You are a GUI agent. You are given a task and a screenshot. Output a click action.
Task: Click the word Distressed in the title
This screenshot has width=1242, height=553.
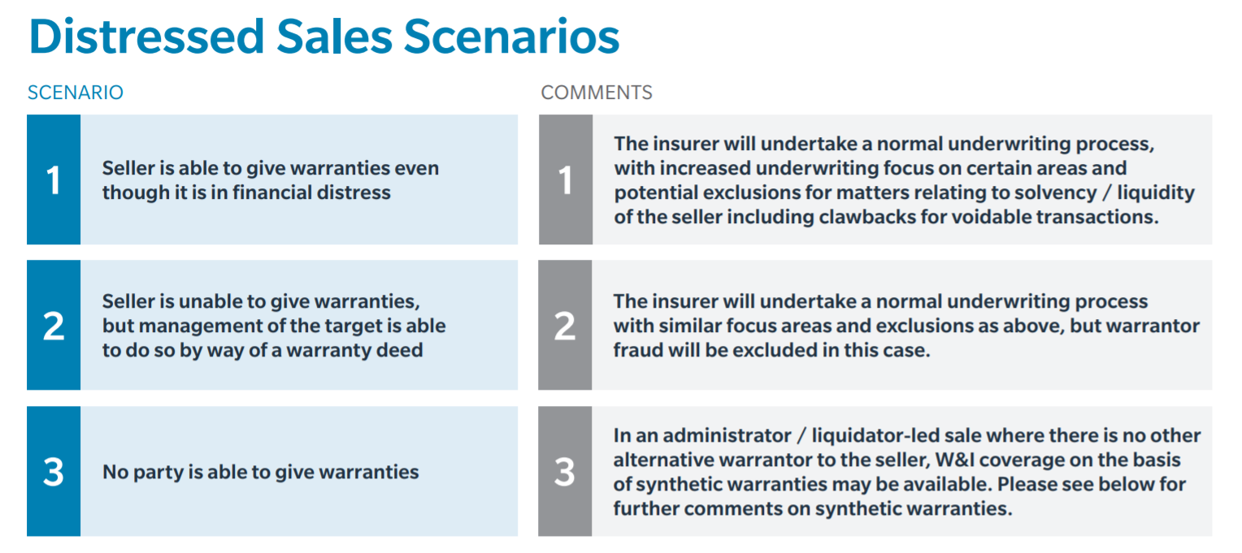[146, 37]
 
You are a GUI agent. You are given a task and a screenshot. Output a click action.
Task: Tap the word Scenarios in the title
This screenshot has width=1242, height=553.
[511, 37]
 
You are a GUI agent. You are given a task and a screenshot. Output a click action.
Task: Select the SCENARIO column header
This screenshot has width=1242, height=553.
[76, 93]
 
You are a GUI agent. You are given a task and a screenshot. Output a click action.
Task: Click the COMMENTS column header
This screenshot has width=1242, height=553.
[597, 93]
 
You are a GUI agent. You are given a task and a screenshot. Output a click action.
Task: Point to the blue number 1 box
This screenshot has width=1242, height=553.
[54, 179]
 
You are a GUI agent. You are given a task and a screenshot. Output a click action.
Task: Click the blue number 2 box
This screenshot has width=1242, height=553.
[54, 326]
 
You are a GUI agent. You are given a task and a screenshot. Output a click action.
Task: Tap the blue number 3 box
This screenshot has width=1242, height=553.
[54, 472]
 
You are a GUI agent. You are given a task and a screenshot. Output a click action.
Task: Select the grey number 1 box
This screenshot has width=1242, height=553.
[566, 179]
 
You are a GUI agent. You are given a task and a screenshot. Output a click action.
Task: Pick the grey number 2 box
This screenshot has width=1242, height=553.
[565, 326]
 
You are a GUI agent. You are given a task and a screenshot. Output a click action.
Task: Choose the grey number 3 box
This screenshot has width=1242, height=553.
[565, 472]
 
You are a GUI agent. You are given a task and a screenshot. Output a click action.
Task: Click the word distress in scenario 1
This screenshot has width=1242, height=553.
[356, 192]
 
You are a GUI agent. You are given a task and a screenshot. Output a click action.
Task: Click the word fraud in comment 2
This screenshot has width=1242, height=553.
[637, 350]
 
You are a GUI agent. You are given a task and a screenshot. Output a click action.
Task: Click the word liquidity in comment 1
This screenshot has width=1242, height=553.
[1156, 192]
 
